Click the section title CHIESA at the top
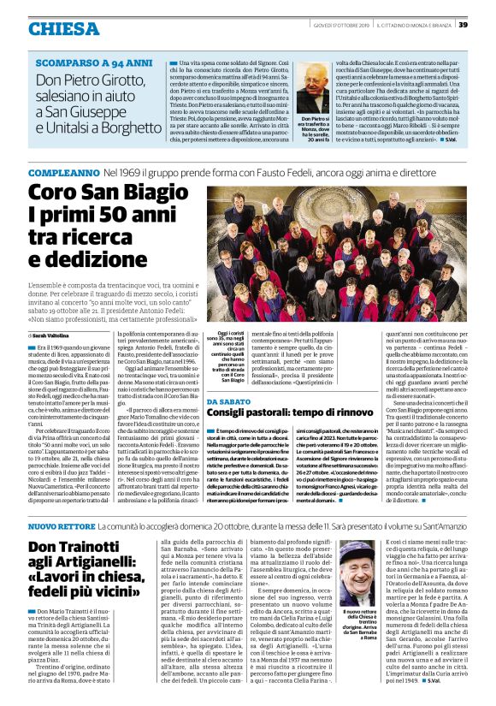click(x=64, y=29)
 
